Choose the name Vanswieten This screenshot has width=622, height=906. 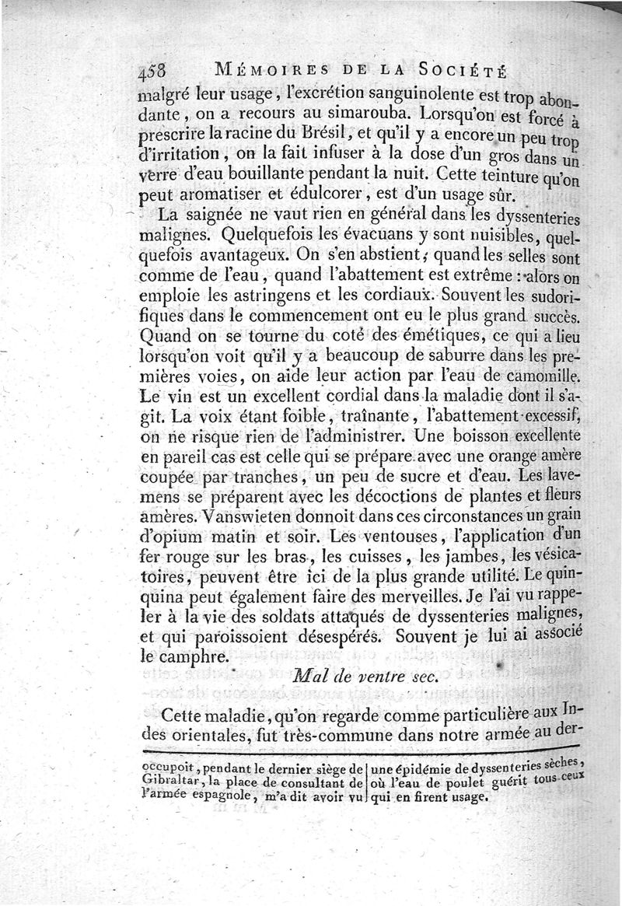(x=253, y=516)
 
